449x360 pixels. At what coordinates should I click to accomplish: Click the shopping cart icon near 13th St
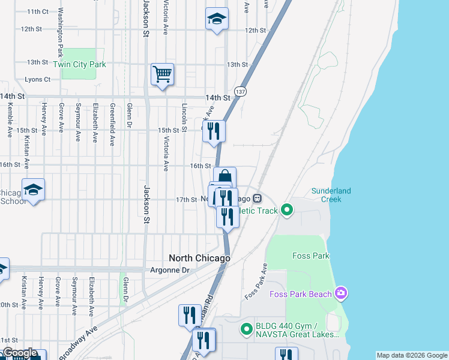tap(162, 74)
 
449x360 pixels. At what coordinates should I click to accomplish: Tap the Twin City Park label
tap(79, 64)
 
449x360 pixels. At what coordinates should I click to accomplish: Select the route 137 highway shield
tap(240, 91)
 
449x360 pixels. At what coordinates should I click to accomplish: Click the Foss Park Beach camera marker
tap(342, 293)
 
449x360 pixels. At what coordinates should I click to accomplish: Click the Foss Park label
tap(310, 256)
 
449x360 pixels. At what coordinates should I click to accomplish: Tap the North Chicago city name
tap(199, 258)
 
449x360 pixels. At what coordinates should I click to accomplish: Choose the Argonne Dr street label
tap(169, 271)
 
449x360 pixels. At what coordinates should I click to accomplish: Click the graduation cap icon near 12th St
tap(217, 19)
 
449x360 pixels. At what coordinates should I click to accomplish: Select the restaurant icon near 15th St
tap(214, 131)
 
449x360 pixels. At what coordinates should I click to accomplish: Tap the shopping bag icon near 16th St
tap(224, 177)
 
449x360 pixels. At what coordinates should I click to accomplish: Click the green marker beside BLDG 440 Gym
tap(246, 328)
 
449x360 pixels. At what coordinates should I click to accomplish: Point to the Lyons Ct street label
tap(37, 79)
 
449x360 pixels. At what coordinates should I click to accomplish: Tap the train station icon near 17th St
tap(256, 198)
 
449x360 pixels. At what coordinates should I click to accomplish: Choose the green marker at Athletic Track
tap(287, 210)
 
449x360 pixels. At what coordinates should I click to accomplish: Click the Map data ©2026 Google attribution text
tap(412, 355)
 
